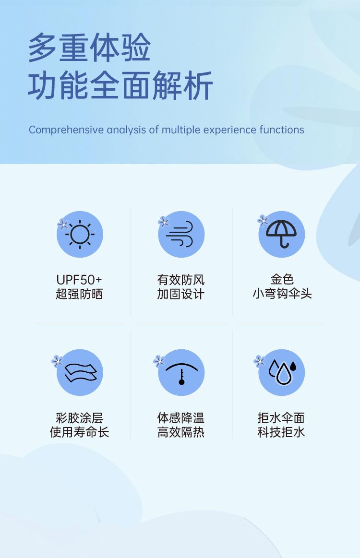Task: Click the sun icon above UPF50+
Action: click(x=80, y=234)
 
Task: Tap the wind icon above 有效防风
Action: click(x=180, y=234)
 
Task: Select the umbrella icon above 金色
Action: click(x=281, y=234)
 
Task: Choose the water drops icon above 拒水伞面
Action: click(x=283, y=372)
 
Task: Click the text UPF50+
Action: click(x=79, y=280)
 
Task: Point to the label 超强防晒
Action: click(x=79, y=294)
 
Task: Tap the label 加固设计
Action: click(x=180, y=294)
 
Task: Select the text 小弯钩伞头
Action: click(x=282, y=294)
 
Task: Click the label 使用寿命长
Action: click(x=79, y=432)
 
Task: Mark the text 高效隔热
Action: click(x=181, y=432)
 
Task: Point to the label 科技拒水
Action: click(x=281, y=432)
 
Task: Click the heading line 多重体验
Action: click(x=89, y=47)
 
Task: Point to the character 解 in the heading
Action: click(x=167, y=85)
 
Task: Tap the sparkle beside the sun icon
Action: click(x=63, y=224)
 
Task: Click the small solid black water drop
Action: click(x=293, y=366)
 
